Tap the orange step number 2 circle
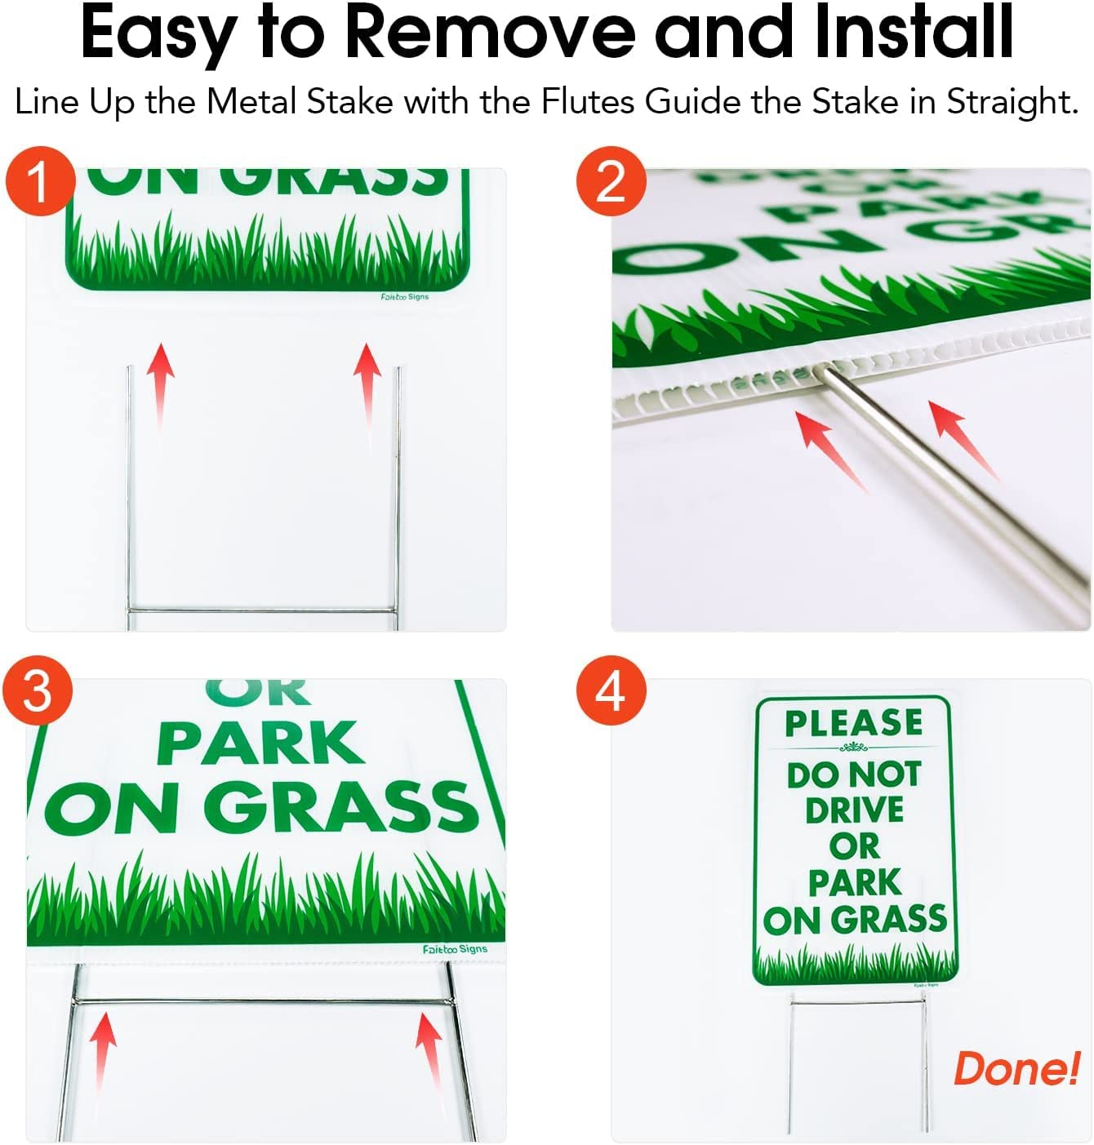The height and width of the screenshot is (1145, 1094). (611, 181)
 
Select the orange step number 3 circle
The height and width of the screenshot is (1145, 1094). (38, 690)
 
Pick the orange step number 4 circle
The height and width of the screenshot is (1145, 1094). (611, 690)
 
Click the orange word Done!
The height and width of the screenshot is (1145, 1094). (1016, 1068)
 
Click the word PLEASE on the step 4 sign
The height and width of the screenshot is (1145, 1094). (854, 723)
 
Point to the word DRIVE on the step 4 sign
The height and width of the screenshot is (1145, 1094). (854, 810)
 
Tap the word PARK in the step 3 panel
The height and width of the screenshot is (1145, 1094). (260, 743)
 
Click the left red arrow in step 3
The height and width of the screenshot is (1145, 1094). (103, 1049)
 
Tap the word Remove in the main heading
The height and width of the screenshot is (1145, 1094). (489, 33)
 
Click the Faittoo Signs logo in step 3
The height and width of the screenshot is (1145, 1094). (455, 949)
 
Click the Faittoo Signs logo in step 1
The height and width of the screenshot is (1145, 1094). (404, 297)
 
